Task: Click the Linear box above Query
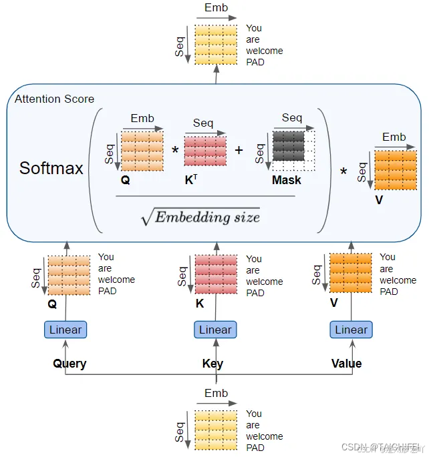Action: tap(65, 330)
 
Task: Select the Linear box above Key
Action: tap(215, 330)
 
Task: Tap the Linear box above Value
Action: tap(351, 330)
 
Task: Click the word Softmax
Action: tap(51, 167)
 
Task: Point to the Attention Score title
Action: tap(54, 99)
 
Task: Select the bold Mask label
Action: tap(286, 180)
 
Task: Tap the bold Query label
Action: tap(69, 364)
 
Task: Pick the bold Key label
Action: tap(212, 364)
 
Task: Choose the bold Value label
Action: tap(346, 364)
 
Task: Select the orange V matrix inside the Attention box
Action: tap(395, 170)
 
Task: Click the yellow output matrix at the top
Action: tap(216, 45)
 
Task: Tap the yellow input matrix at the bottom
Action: tap(216, 426)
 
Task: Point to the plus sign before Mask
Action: tap(239, 150)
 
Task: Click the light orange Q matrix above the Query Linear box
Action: tap(68, 275)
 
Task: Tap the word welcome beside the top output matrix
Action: tap(264, 51)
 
